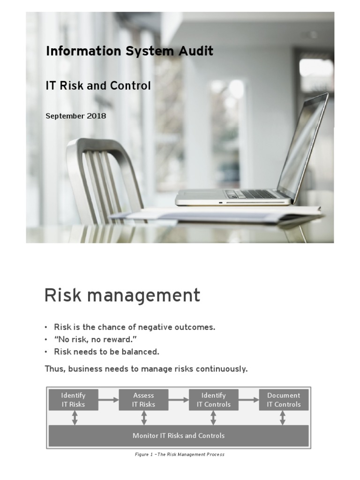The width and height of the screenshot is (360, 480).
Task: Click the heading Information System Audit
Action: point(129,51)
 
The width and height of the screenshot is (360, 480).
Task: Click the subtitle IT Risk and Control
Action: point(98,86)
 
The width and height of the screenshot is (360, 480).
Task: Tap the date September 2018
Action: point(75,116)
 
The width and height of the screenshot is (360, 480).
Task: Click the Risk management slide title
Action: point(122,296)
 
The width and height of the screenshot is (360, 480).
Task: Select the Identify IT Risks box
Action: point(74,400)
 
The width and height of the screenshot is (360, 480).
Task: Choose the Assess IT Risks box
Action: point(143,400)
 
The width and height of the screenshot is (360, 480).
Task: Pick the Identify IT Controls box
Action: point(213,400)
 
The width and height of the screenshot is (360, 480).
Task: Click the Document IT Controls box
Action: point(284,400)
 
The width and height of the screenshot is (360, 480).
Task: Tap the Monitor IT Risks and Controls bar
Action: point(179,435)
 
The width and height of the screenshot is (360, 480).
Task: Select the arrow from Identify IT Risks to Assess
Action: point(109,400)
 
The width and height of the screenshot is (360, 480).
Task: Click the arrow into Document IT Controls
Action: point(248,400)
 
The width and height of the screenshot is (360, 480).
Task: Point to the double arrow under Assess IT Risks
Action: point(144,418)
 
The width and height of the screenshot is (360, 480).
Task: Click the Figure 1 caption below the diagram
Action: point(179,454)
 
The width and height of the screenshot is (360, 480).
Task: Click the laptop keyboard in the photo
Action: point(251,194)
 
